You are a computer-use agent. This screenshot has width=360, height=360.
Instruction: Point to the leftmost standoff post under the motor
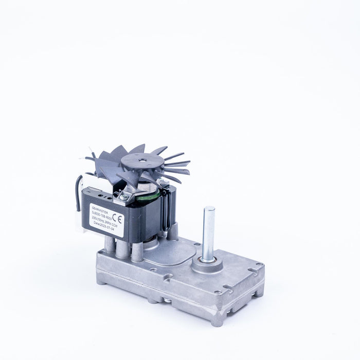pos(109,246)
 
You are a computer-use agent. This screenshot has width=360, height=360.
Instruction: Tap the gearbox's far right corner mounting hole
pos(258,266)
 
